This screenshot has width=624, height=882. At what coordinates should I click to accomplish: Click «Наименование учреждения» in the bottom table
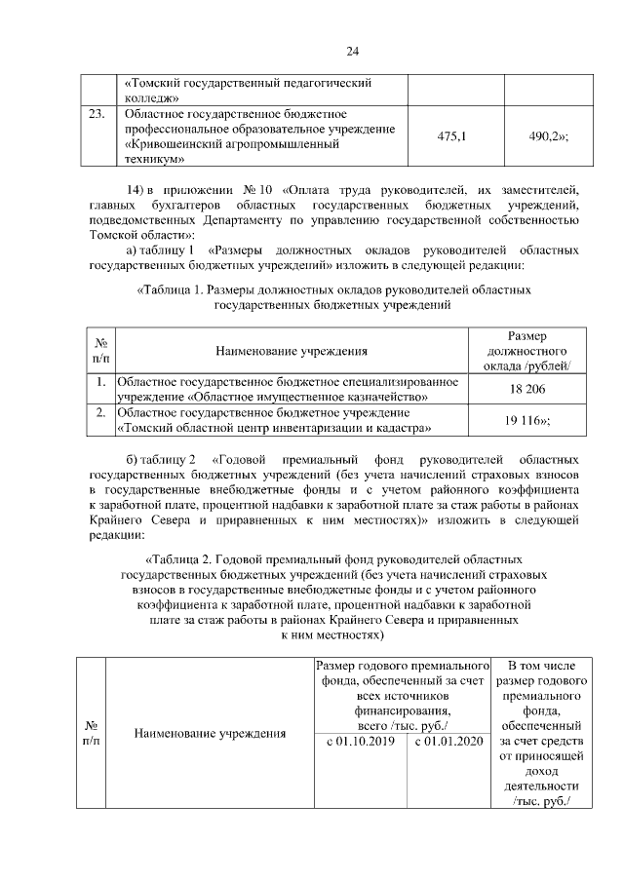203,732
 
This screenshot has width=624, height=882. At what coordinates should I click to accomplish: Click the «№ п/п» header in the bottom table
92,733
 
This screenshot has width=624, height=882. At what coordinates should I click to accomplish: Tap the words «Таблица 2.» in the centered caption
181,561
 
